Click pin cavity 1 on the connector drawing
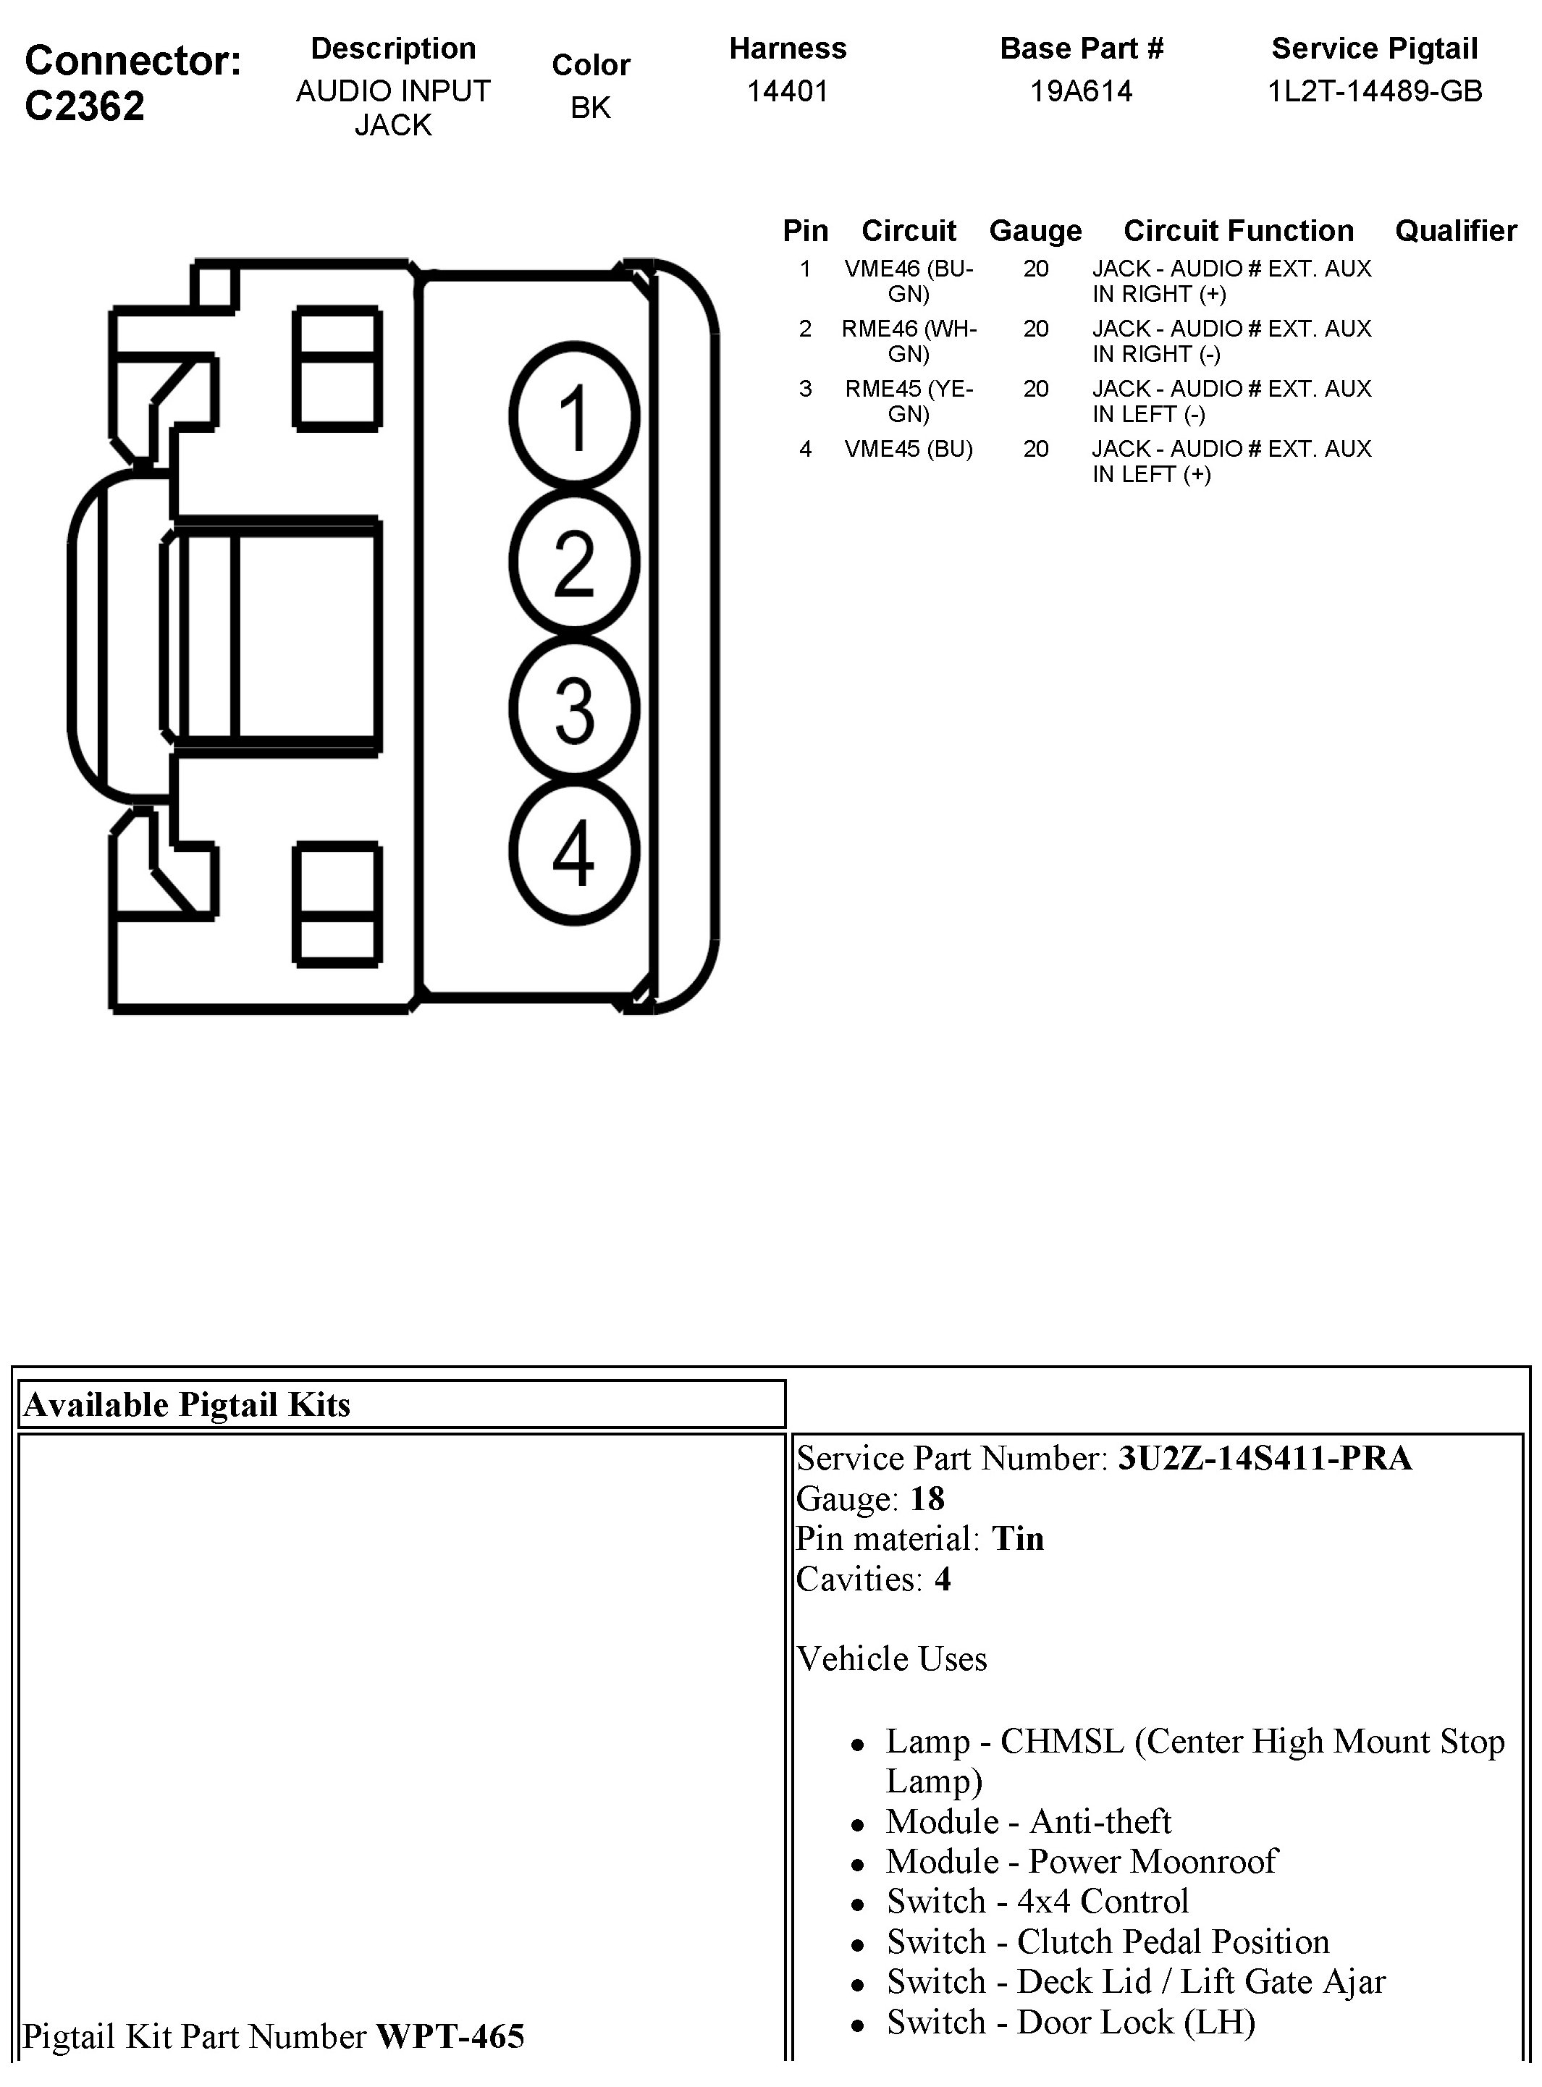[575, 416]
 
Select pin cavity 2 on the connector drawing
[575, 562]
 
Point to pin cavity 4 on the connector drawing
[575, 852]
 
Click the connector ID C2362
[85, 106]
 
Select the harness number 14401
[787, 91]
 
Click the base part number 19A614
[1081, 91]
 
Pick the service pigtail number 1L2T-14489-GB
[1374, 91]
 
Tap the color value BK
[590, 109]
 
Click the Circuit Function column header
[1238, 230]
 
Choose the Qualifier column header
[1455, 230]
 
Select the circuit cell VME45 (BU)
[909, 449]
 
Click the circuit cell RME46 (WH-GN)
[909, 341]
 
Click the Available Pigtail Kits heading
[187, 1404]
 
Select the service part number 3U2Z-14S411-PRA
[1264, 1458]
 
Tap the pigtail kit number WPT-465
[450, 2036]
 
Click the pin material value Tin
[1017, 1538]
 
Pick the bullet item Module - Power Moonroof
[1081, 1861]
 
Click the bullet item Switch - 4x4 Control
[1037, 1901]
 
